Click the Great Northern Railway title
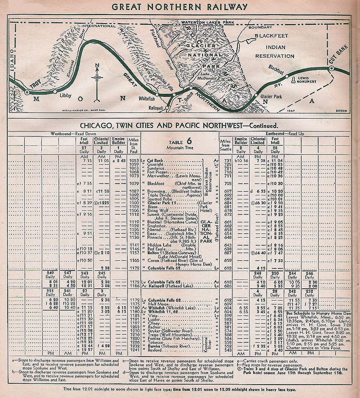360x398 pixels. click(x=179, y=6)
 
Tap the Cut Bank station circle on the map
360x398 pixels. click(x=332, y=68)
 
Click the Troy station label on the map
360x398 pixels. click(x=36, y=86)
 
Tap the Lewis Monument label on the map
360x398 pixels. click(x=306, y=79)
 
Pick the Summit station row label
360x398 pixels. click(x=155, y=214)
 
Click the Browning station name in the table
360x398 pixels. click(x=155, y=190)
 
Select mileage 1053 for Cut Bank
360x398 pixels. click(x=134, y=161)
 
